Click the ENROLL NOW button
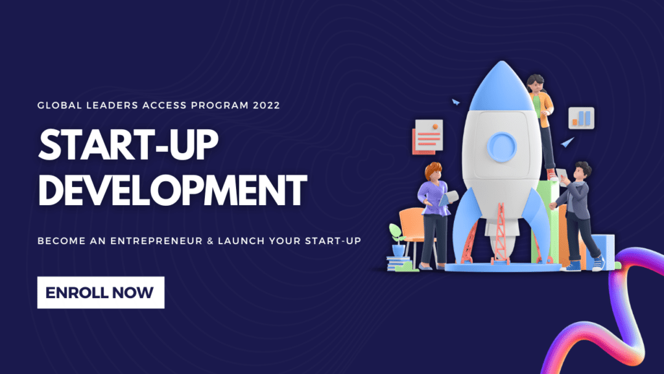[x=101, y=293]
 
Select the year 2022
[x=267, y=105]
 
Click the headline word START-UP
[x=128, y=145]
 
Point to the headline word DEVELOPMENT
[x=172, y=190]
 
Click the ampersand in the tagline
[x=211, y=241]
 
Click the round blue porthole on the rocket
[x=501, y=147]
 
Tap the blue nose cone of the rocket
[x=501, y=87]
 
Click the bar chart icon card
[x=581, y=118]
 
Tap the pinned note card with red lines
[x=428, y=137]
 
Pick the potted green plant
[x=397, y=240]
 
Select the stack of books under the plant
[x=398, y=264]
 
